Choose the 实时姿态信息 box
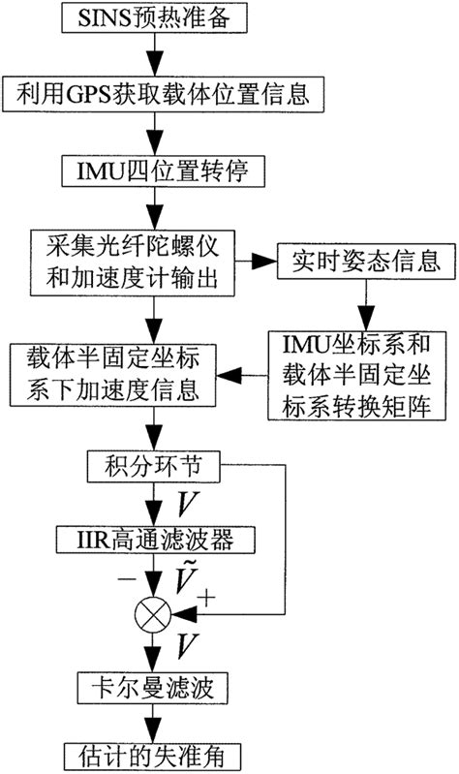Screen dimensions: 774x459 358,260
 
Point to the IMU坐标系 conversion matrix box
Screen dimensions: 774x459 358,375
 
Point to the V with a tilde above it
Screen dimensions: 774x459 191,577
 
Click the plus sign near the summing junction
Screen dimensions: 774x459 206,599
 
